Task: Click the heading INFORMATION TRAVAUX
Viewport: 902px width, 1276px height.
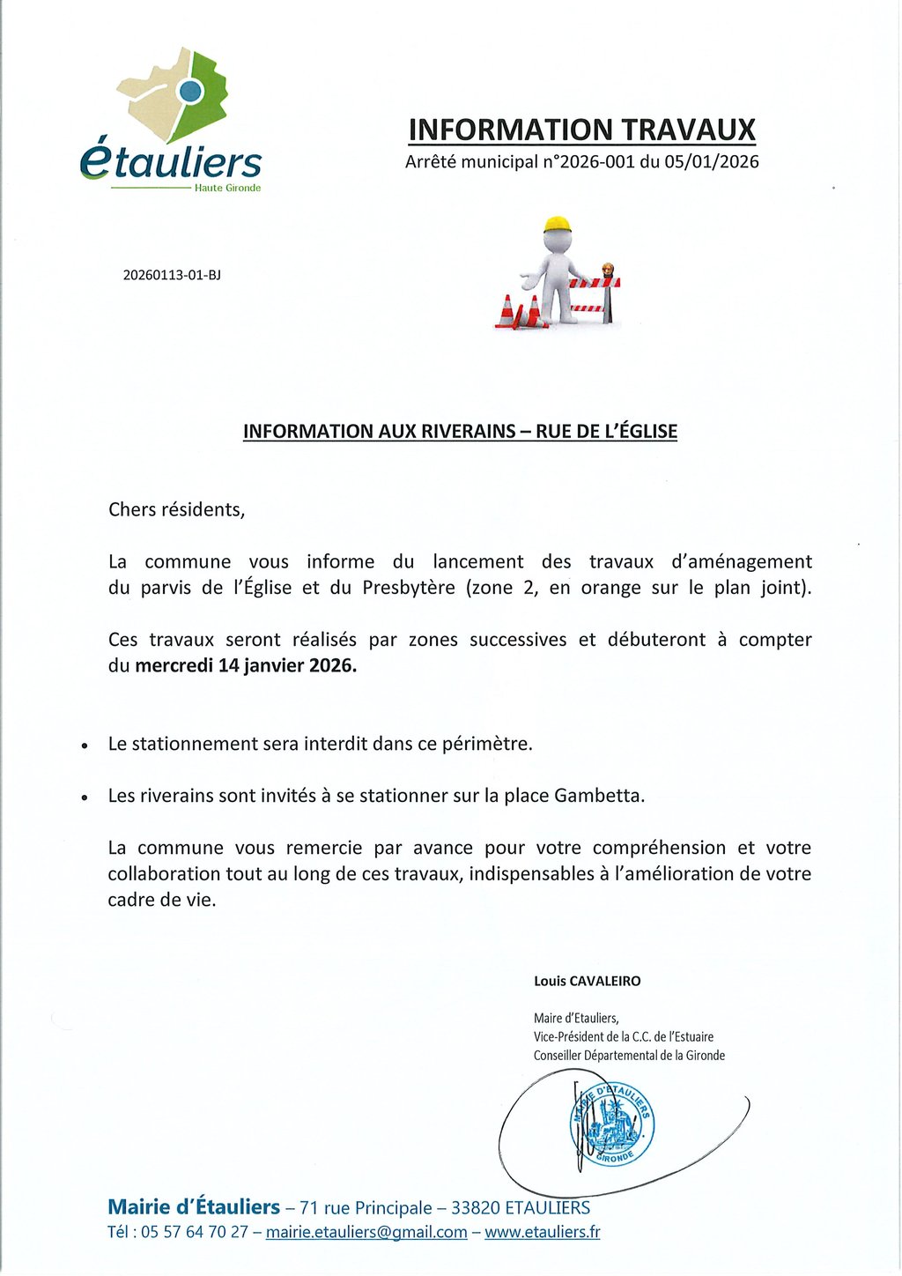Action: point(581,130)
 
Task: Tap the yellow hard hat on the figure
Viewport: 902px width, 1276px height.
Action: point(557,224)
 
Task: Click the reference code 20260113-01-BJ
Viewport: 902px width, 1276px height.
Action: point(172,275)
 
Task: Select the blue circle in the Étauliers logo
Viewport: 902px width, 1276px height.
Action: point(191,90)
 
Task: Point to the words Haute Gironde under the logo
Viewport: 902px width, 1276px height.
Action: point(227,188)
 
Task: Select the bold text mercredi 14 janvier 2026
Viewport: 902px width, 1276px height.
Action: point(246,665)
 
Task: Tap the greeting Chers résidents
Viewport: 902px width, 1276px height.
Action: point(176,509)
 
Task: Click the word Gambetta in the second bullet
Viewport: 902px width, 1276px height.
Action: point(599,796)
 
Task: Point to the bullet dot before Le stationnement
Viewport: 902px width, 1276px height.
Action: point(85,746)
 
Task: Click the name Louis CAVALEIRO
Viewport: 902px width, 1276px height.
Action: point(587,981)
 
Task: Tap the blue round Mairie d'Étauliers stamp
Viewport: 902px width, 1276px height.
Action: point(611,1124)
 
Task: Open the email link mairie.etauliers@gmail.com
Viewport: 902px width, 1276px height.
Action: point(366,1232)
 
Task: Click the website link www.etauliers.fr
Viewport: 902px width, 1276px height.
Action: point(542,1232)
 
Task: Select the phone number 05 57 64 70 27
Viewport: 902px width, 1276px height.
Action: point(195,1232)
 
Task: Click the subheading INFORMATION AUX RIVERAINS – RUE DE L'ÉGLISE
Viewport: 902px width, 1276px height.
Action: point(460,431)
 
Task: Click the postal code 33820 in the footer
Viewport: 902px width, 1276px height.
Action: point(476,1207)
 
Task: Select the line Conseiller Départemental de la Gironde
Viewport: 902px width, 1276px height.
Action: point(629,1055)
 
